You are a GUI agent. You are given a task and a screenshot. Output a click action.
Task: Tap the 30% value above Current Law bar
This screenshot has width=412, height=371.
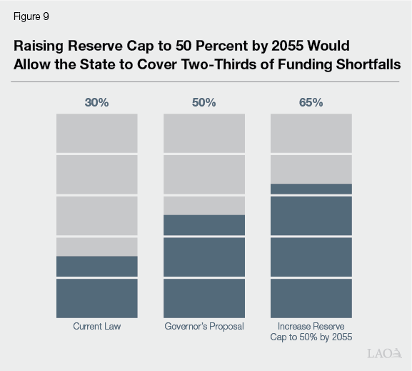pos(96,102)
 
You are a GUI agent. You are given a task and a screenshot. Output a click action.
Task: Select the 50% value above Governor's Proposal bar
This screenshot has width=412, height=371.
pos(204,102)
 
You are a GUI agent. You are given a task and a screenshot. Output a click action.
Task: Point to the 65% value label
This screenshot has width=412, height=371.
pos(311,102)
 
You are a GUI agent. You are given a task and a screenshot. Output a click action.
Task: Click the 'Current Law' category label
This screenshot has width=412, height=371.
pos(96,327)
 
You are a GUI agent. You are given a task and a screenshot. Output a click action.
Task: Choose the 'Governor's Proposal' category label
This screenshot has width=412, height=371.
pos(204,327)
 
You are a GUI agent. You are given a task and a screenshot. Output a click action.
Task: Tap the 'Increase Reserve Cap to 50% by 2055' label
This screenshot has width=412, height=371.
pos(311,332)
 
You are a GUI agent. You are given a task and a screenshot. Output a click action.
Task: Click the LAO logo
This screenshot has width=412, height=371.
pos(383,354)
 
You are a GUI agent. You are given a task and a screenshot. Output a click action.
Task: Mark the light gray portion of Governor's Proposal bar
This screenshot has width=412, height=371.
pos(204,164)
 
